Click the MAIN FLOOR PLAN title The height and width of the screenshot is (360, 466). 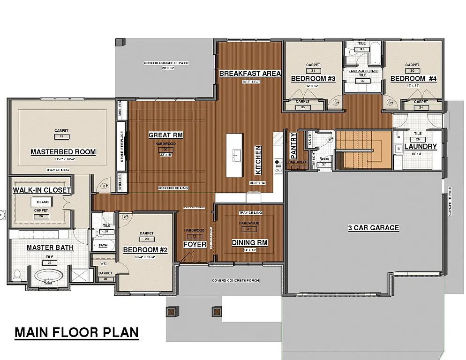coord(77,332)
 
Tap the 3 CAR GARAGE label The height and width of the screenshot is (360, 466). coord(373,228)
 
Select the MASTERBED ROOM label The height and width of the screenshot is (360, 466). coord(63,152)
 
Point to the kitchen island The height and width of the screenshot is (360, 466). coord(235,155)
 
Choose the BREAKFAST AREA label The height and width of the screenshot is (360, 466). coord(250,73)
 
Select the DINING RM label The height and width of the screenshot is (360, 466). coord(249,242)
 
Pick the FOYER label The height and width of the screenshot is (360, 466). coord(195,244)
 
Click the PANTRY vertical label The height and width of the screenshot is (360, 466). coord(293,145)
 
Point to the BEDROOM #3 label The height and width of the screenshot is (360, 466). coord(313,79)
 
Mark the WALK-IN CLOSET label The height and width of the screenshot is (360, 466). coord(42,190)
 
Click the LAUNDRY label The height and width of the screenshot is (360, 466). coord(420,146)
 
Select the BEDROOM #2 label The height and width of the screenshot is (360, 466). coord(146,250)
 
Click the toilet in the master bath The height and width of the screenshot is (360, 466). coord(17,275)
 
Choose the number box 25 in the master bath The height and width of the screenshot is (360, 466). coord(49,263)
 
